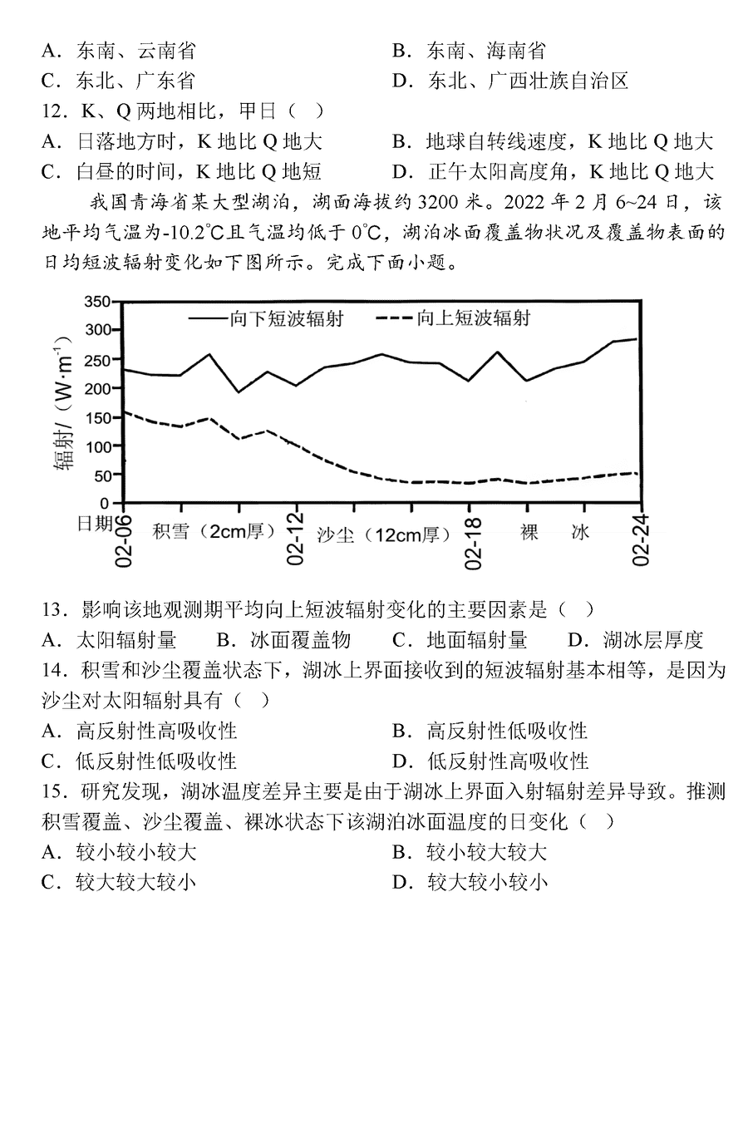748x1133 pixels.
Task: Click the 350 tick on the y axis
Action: [98, 302]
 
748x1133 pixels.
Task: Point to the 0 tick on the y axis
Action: [105, 504]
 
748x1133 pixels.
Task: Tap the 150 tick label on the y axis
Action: [98, 417]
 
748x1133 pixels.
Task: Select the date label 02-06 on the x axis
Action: [124, 540]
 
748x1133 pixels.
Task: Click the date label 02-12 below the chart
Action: [297, 540]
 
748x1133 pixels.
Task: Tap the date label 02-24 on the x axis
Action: [641, 540]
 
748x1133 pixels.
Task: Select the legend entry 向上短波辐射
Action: [453, 318]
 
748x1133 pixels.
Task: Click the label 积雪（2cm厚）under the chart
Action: [214, 531]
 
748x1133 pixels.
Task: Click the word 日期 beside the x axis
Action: [94, 523]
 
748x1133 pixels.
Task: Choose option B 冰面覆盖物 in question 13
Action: [283, 640]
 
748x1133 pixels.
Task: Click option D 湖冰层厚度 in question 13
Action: [636, 640]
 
